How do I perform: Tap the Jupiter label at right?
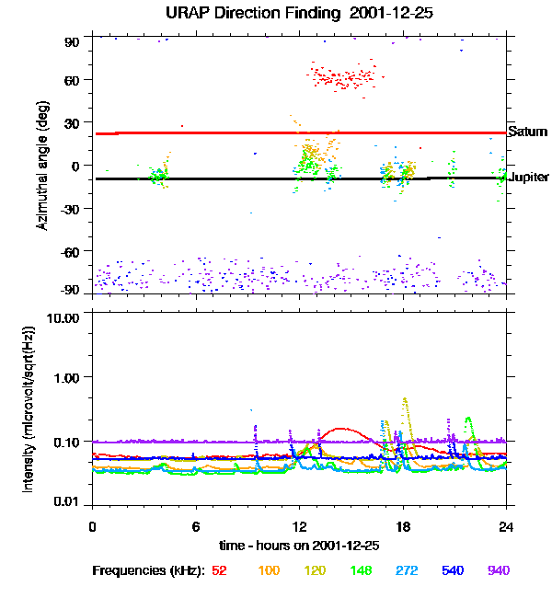click(528, 177)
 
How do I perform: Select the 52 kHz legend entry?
click(220, 570)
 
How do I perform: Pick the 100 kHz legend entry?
click(269, 570)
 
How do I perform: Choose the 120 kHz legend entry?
click(316, 570)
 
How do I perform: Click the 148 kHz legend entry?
click(361, 570)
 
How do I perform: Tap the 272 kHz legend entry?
click(407, 570)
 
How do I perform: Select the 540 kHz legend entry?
click(453, 570)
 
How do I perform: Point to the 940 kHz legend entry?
click(499, 570)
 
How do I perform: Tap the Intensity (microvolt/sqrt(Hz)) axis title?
click(29, 408)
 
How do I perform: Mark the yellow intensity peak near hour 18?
click(405, 399)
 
